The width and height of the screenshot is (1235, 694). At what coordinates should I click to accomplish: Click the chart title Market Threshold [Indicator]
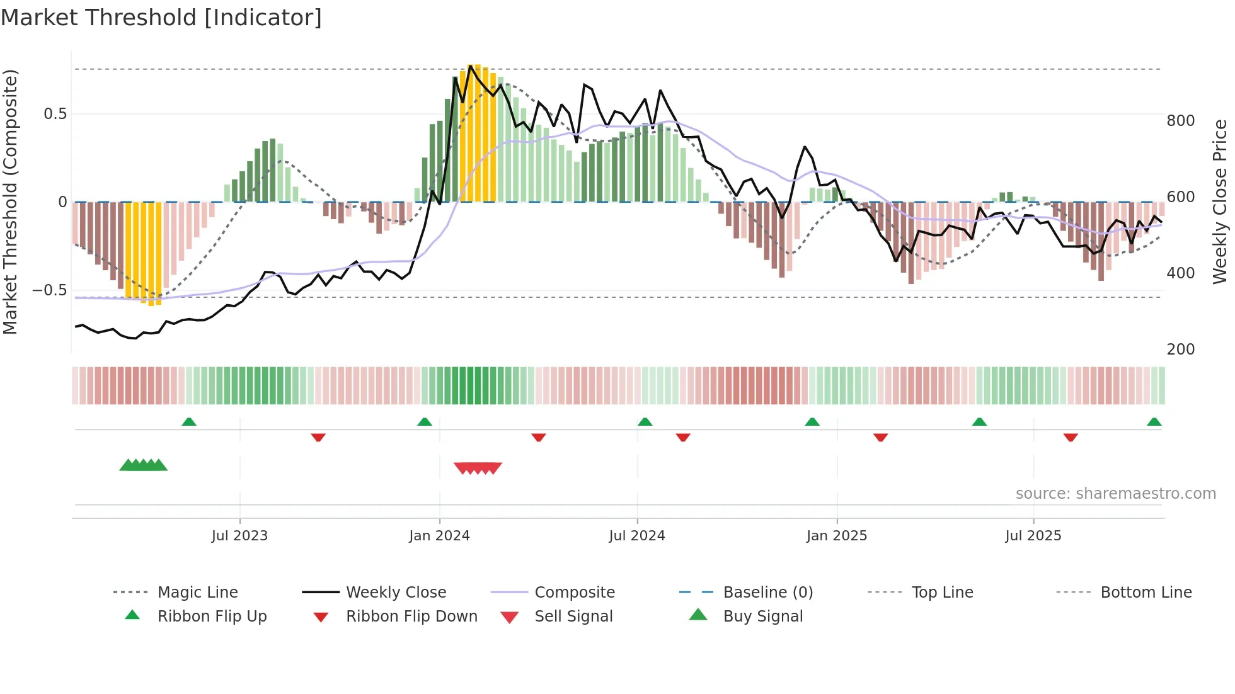(x=161, y=18)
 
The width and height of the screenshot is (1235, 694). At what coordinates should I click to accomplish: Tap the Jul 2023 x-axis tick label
(x=239, y=536)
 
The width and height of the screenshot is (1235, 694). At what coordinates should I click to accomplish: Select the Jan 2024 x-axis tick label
(x=439, y=536)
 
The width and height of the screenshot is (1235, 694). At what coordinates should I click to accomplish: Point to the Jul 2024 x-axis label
(x=637, y=536)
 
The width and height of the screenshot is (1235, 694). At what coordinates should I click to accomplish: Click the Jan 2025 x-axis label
(x=837, y=536)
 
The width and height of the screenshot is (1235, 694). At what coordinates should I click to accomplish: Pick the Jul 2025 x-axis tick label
(x=1033, y=536)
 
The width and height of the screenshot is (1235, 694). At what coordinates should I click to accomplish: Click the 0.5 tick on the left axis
(x=55, y=114)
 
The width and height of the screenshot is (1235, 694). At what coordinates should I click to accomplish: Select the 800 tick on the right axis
(x=1180, y=121)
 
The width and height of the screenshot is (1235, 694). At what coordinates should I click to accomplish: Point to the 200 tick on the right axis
(x=1180, y=350)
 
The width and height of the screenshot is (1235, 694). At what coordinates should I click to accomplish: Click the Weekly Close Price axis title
(x=1221, y=202)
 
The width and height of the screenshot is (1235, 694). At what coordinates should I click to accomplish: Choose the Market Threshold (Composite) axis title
(x=10, y=202)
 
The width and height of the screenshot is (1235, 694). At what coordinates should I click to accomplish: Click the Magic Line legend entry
(x=197, y=593)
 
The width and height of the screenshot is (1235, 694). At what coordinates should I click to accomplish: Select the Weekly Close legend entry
(x=396, y=593)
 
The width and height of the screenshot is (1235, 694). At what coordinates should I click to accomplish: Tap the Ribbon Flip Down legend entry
(x=411, y=617)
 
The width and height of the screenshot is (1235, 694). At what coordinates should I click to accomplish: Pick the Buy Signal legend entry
(x=762, y=617)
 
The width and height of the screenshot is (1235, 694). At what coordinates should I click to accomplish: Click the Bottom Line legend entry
(x=1146, y=593)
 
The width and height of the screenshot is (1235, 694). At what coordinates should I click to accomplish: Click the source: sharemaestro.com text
(x=1115, y=494)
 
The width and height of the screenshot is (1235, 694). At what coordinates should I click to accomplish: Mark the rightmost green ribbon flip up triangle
(x=1154, y=423)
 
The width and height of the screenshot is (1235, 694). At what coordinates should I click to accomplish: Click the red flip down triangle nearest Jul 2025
(x=1071, y=437)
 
